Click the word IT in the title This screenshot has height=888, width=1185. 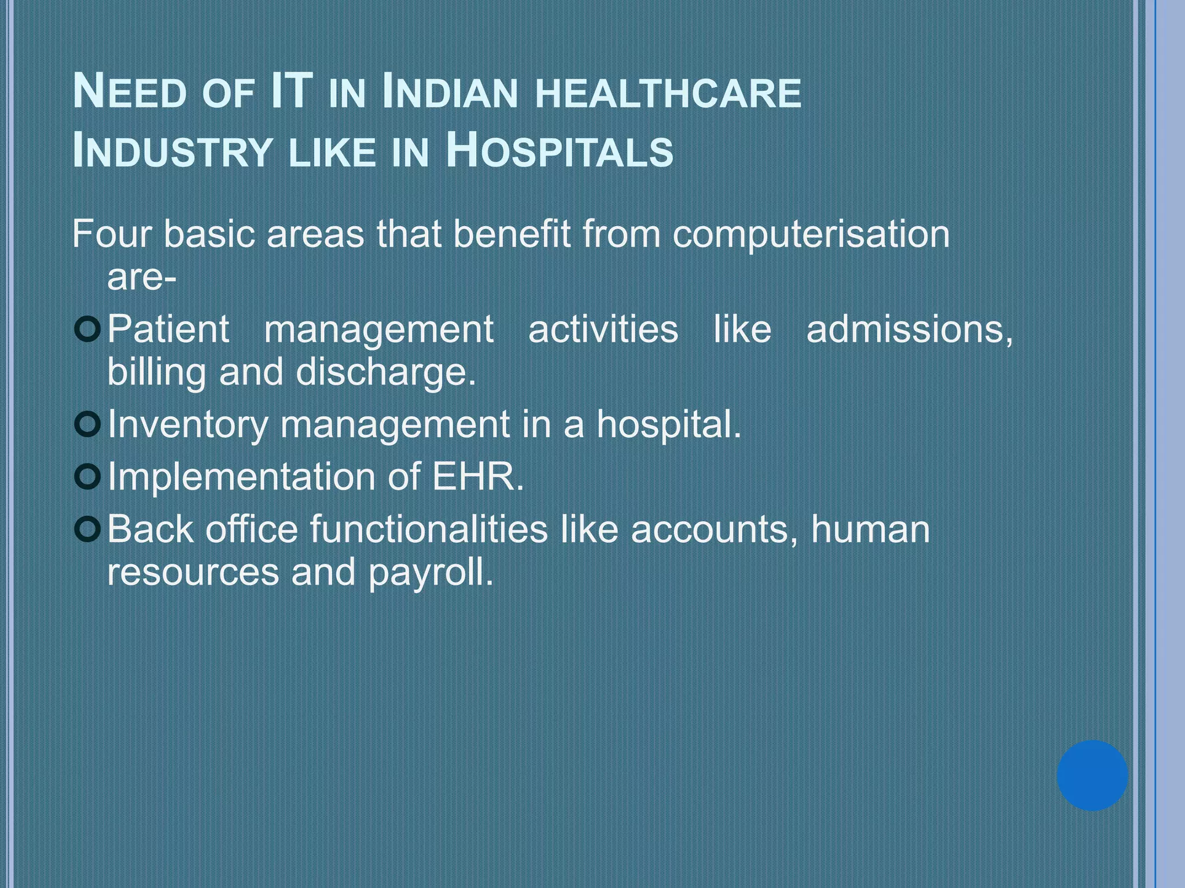click(x=292, y=92)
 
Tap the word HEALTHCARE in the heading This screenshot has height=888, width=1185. click(x=668, y=94)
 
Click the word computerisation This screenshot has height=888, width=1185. click(x=811, y=235)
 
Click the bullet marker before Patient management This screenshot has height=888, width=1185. click(x=88, y=330)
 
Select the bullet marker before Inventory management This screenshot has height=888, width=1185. click(x=88, y=425)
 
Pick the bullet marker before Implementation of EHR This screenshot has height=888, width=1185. click(x=88, y=477)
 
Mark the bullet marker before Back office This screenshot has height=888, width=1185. click(x=88, y=530)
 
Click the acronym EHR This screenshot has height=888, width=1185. click(x=477, y=477)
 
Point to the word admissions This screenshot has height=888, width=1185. click(x=909, y=330)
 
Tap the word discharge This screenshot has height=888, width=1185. click(x=385, y=373)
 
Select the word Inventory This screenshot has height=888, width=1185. click(x=187, y=425)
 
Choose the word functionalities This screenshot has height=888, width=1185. click(x=428, y=529)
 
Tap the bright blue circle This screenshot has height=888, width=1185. click(x=1092, y=775)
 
